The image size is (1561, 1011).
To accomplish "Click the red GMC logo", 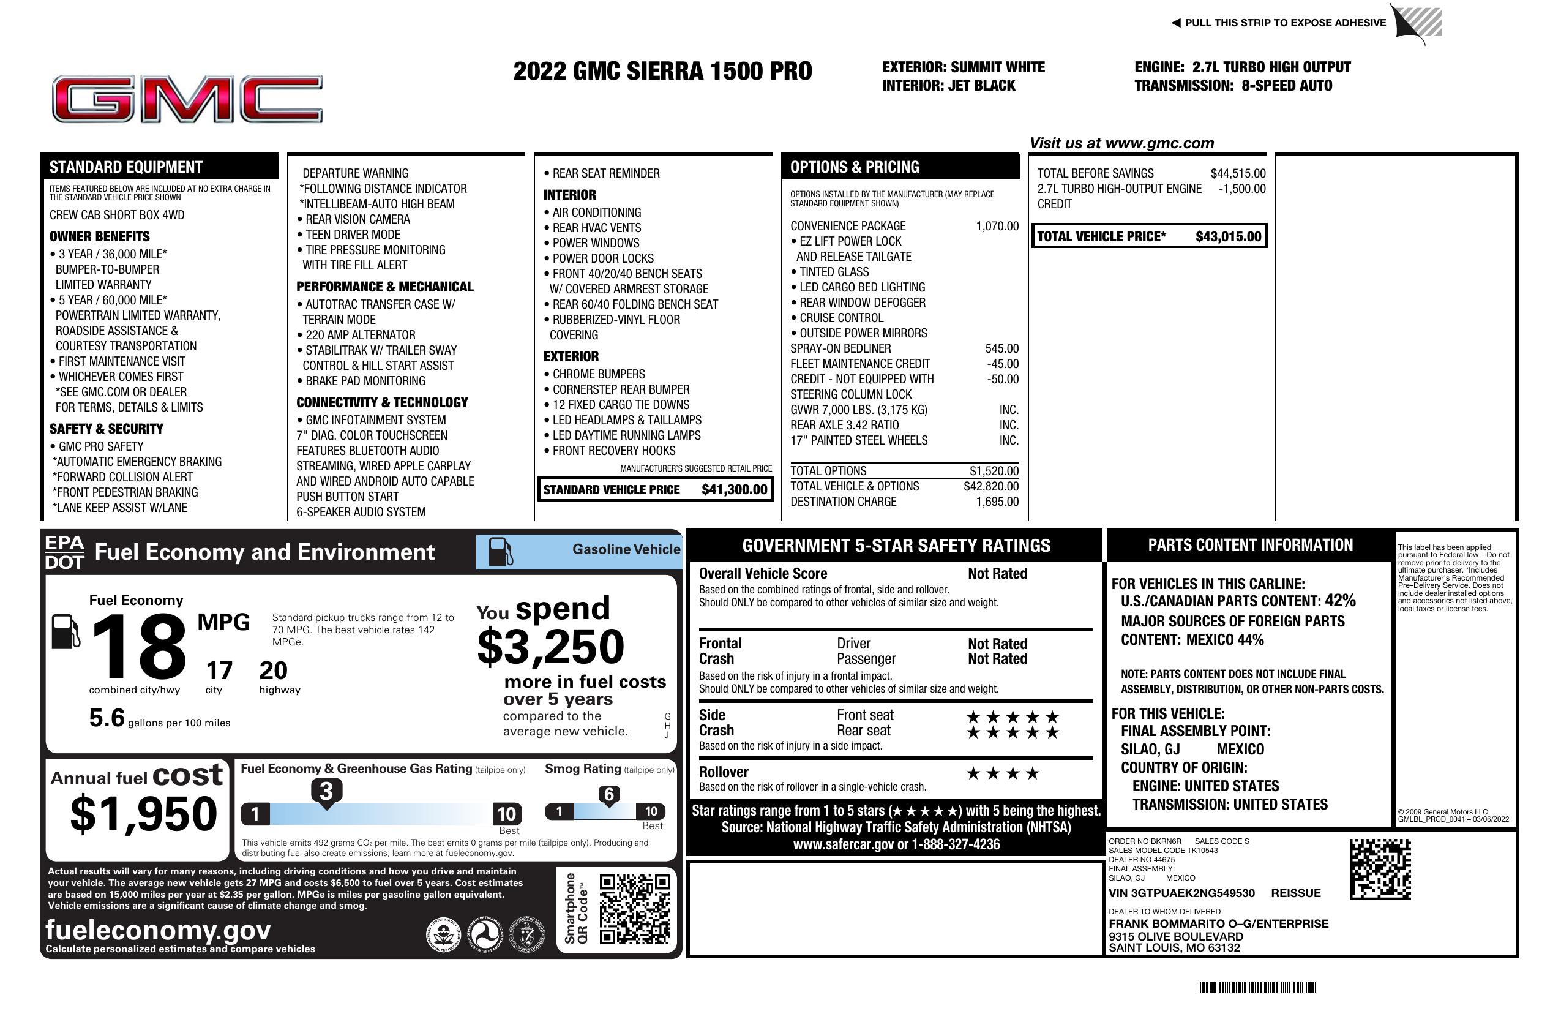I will [x=187, y=99].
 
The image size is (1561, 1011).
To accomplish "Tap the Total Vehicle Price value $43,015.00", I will [x=1227, y=237].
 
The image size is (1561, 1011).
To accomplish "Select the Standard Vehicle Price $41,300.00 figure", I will [x=733, y=489].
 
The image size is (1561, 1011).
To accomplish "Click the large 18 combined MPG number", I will [x=139, y=647].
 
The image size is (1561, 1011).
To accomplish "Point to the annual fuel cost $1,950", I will [x=143, y=814].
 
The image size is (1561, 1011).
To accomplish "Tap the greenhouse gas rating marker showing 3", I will [x=326, y=792].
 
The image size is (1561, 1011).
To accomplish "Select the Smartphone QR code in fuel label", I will [x=634, y=909].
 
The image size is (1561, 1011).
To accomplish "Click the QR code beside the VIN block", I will [x=1379, y=869].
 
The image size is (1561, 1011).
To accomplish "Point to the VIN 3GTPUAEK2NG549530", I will [x=1181, y=893].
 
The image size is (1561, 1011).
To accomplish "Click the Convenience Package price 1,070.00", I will [x=997, y=227].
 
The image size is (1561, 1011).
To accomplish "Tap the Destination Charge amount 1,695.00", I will [x=997, y=502].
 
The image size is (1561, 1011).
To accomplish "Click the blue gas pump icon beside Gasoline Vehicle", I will [x=500, y=552].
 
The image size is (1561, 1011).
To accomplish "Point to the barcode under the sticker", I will [x=1256, y=987].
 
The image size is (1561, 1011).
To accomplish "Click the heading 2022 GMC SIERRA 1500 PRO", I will [x=662, y=71].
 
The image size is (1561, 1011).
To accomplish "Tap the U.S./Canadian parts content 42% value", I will [x=1339, y=601].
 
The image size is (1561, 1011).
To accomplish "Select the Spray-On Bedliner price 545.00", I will [x=1001, y=349].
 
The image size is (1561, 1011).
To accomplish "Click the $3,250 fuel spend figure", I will [x=550, y=647].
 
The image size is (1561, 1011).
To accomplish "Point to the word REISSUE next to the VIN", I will [x=1295, y=893].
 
